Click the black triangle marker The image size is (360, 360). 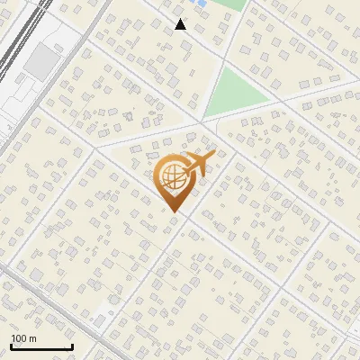(x=180, y=24)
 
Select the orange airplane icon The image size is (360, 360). (x=199, y=164)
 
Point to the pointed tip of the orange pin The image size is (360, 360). (x=175, y=211)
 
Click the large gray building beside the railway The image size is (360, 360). (x=41, y=61)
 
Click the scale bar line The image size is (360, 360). (x=41, y=347)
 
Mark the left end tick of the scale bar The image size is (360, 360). (x=11, y=346)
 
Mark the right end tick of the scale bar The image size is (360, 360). (x=72, y=346)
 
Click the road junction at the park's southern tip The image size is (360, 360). (x=202, y=122)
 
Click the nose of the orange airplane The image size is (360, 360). (x=214, y=154)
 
